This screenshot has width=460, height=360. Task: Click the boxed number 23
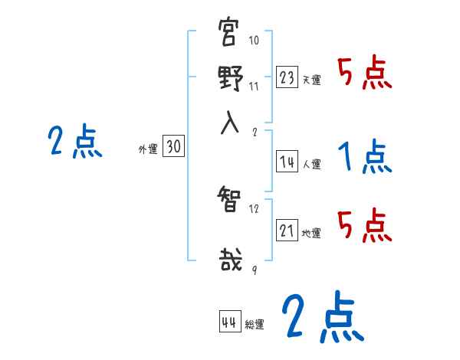(287, 77)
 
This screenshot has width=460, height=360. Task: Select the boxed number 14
(287, 161)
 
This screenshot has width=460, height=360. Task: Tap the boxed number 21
(287, 231)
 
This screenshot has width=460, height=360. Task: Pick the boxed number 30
(173, 148)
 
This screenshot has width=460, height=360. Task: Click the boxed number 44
(228, 322)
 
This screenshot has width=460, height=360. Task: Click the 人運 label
(311, 164)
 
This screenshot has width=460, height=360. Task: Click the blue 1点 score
(365, 157)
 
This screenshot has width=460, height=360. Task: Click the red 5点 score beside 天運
(365, 74)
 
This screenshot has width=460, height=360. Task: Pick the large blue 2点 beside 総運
(322, 316)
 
